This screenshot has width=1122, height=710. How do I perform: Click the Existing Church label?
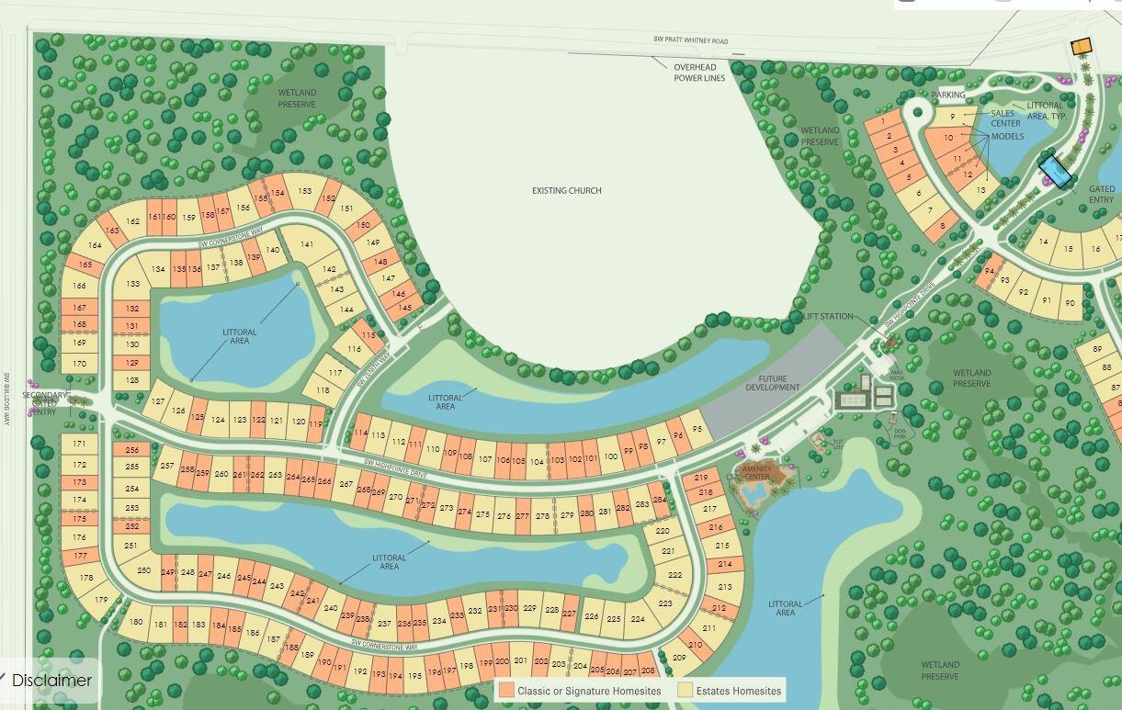pyautogui.click(x=566, y=191)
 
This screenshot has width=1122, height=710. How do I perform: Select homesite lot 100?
pyautogui.click(x=611, y=456)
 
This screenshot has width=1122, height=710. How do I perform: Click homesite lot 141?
pyautogui.click(x=307, y=244)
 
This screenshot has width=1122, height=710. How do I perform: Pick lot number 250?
pyautogui.click(x=144, y=570)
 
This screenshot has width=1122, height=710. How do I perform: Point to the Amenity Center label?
pyautogui.click(x=756, y=472)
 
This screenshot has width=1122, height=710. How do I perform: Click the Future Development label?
pyautogui.click(x=773, y=383)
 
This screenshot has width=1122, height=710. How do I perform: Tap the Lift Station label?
pyautogui.click(x=828, y=317)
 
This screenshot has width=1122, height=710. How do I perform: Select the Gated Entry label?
pyautogui.click(x=1102, y=195)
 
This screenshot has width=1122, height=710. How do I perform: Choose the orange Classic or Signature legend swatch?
pyautogui.click(x=506, y=690)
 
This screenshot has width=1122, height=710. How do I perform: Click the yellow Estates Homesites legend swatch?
pyautogui.click(x=685, y=690)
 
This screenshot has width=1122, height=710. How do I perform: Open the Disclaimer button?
pyautogui.click(x=51, y=681)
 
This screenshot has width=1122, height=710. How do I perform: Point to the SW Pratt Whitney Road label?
pyautogui.click(x=689, y=41)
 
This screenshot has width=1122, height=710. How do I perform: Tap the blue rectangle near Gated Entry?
pyautogui.click(x=1055, y=171)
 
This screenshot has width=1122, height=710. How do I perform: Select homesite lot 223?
pyautogui.click(x=665, y=603)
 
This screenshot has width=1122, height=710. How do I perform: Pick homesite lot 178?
pyautogui.click(x=85, y=578)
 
